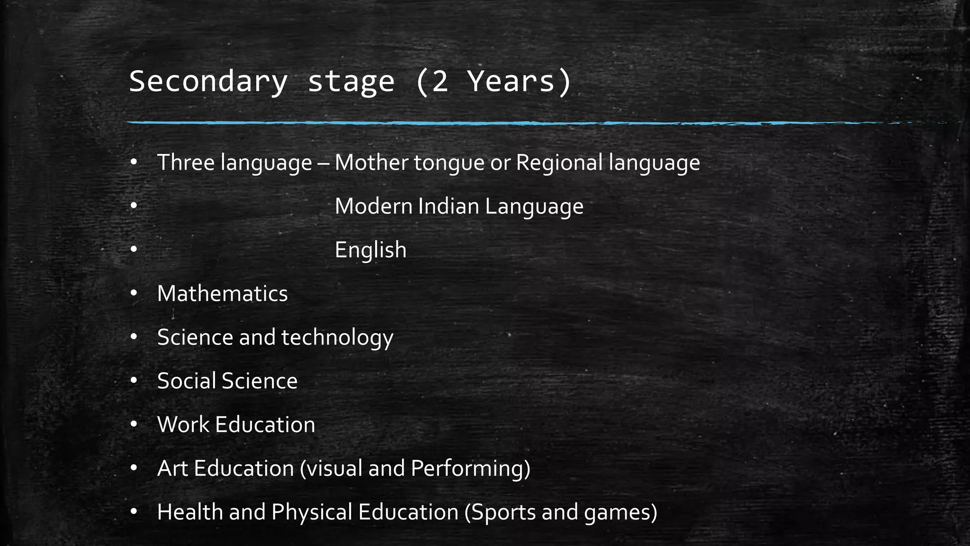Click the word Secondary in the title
pyautogui.click(x=208, y=82)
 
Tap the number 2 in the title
pyautogui.click(x=440, y=82)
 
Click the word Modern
pyautogui.click(x=373, y=206)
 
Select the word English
pyautogui.click(x=370, y=250)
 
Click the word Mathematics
pyautogui.click(x=222, y=294)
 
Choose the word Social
pyautogui.click(x=186, y=381)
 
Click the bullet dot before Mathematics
pyautogui.click(x=134, y=294)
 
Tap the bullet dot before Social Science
pyautogui.click(x=134, y=381)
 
